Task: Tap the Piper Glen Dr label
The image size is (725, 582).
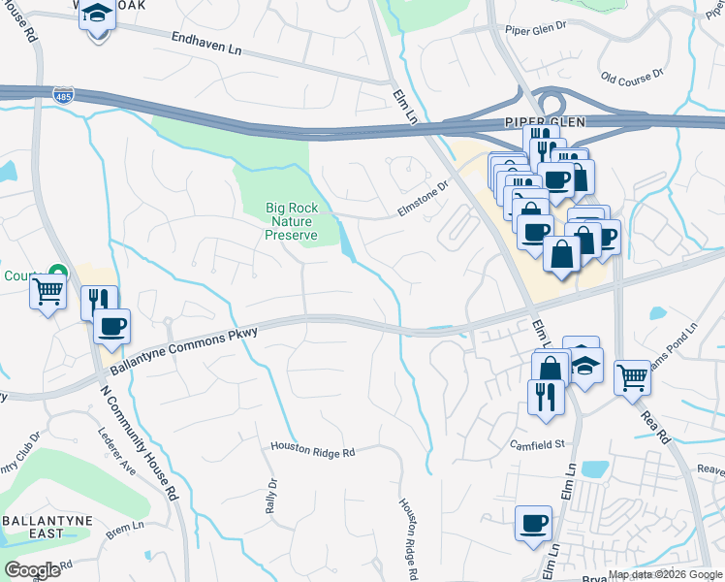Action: click(535, 28)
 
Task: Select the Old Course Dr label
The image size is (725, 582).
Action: click(632, 75)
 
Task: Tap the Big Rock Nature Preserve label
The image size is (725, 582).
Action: click(292, 221)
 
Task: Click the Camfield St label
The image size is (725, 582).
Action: click(539, 443)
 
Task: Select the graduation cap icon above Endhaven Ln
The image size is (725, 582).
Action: click(97, 16)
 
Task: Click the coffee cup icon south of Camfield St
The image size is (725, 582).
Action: click(533, 524)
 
